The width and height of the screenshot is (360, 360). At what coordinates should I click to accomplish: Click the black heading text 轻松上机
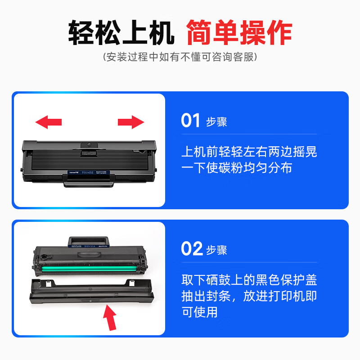pos(121,32)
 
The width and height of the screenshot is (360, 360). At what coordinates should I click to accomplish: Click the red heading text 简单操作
pos(239,32)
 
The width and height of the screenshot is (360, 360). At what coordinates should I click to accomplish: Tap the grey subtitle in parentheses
pos(180,57)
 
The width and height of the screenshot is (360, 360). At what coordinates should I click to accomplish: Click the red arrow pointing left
pos(49,122)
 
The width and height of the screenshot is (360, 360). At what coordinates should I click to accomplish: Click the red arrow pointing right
pos(131,122)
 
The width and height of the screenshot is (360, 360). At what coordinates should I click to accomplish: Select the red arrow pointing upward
pos(110,318)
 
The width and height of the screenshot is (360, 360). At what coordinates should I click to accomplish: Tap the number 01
pos(190,120)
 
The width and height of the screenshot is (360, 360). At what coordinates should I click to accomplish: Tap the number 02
pos(192,248)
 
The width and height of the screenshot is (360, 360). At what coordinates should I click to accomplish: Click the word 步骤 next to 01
pos(216,121)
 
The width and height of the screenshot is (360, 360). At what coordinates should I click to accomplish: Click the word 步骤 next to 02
pos(216,250)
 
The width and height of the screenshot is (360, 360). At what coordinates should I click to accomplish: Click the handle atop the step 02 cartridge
pos(88,242)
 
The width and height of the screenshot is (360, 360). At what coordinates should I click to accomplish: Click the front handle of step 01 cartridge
pos(89,180)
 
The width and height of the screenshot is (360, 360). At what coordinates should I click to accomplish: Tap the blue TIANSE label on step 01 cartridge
pos(89,172)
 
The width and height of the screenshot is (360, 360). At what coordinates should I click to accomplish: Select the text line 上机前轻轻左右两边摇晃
pos(249,152)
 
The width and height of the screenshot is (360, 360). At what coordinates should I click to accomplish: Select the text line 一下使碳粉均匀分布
pos(237,167)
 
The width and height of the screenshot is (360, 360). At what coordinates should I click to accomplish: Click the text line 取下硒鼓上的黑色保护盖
pos(249,280)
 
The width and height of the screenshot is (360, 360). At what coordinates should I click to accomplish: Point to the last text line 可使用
pos(199,312)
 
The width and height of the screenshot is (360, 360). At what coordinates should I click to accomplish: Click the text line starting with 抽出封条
pos(249,296)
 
